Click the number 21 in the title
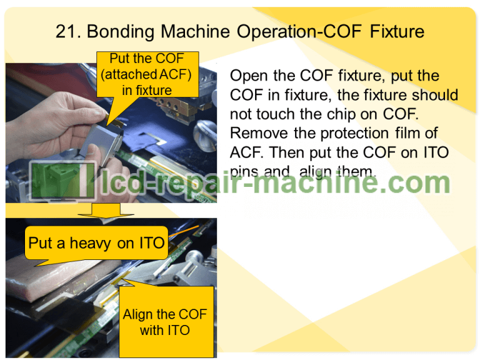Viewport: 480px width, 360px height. tap(66, 31)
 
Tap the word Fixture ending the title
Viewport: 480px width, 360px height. tap(396, 31)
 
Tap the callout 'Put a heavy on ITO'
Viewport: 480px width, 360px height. tap(96, 243)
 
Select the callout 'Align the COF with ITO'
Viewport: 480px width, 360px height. tap(165, 322)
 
